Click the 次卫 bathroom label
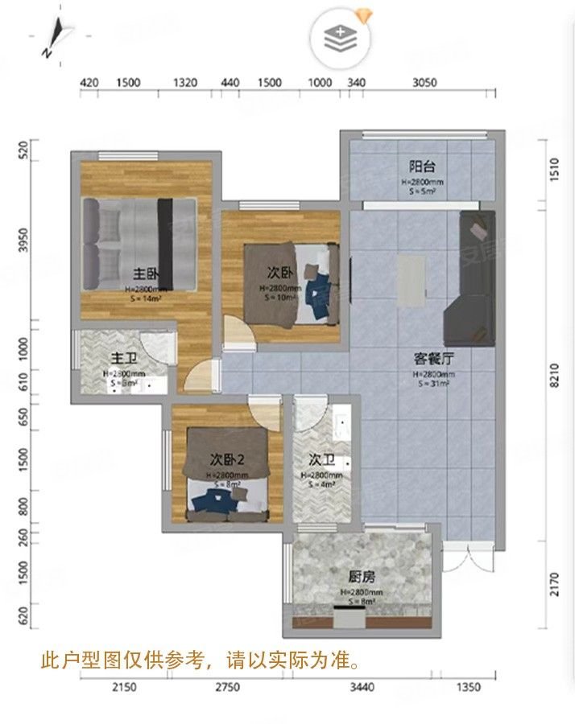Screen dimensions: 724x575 pos(322,460)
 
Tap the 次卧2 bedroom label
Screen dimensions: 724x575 pos(227,460)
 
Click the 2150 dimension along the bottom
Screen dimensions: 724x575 pos(124,686)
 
